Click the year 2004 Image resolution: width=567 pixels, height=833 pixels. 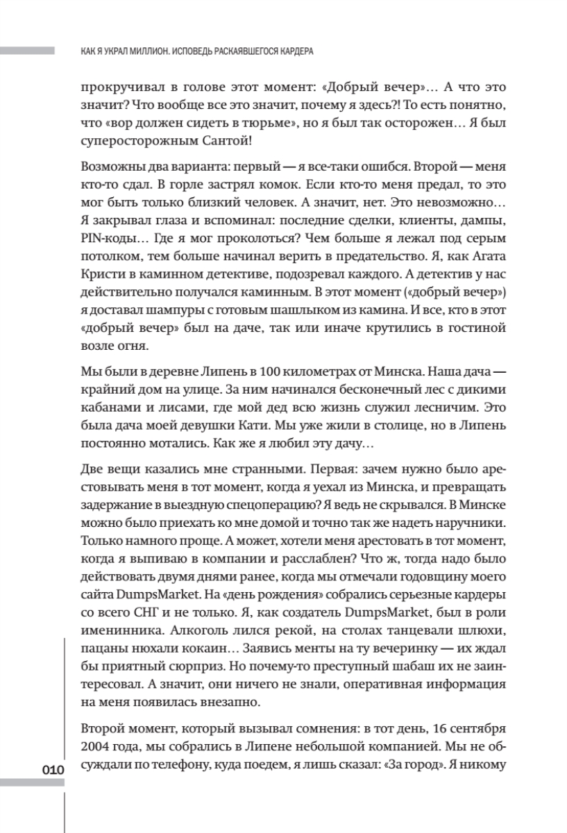point(96,752)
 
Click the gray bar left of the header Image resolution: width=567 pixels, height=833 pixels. point(28,51)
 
